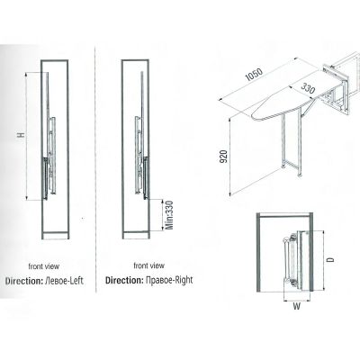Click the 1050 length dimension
(254, 75)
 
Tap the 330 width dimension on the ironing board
(308, 89)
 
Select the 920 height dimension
(224, 156)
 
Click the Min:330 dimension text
(169, 215)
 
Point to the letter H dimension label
(21, 135)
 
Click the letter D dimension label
(330, 259)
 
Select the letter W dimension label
(296, 306)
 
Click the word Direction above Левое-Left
(24, 281)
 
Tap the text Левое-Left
(64, 281)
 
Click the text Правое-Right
(169, 280)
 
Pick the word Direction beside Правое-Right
(124, 280)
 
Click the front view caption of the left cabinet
(44, 266)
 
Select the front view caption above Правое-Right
(148, 265)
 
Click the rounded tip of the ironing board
(253, 116)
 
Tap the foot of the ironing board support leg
(299, 175)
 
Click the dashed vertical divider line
(95, 168)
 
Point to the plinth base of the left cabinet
(56, 236)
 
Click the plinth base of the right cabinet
(136, 235)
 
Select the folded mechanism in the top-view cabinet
(295, 258)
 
